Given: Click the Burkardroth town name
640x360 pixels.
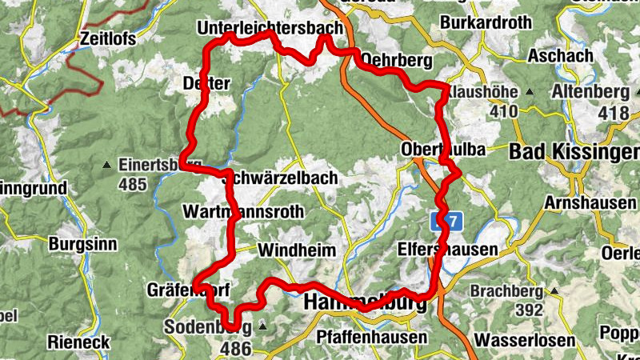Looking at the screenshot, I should click(x=486, y=22).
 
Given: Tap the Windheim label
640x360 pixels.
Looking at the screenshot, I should click(x=296, y=250).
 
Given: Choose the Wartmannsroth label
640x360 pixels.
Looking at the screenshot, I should click(x=243, y=212).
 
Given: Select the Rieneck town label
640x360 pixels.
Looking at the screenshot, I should click(x=78, y=342).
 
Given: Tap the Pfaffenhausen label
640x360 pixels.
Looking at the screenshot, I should click(x=372, y=337).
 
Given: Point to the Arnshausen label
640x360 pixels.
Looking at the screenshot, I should click(x=590, y=203).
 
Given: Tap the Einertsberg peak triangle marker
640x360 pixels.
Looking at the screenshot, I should click(x=107, y=166).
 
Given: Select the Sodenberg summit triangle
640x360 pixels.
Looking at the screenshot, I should click(x=262, y=326).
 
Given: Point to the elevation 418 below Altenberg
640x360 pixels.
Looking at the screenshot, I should click(x=614, y=113).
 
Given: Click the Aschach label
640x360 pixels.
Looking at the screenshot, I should click(x=560, y=56).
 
